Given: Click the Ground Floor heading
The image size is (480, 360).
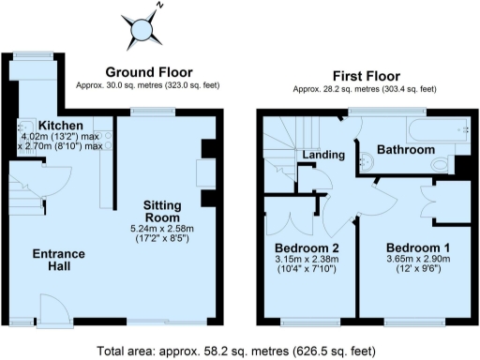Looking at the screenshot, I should (x=148, y=72).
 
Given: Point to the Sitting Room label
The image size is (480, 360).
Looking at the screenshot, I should (x=168, y=211).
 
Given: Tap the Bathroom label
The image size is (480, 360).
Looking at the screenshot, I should (x=405, y=150).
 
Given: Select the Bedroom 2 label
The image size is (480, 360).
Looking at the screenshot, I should (x=303, y=248).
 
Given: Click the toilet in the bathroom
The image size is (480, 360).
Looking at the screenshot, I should (x=442, y=165).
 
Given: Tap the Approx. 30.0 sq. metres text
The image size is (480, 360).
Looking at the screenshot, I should (x=148, y=85).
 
